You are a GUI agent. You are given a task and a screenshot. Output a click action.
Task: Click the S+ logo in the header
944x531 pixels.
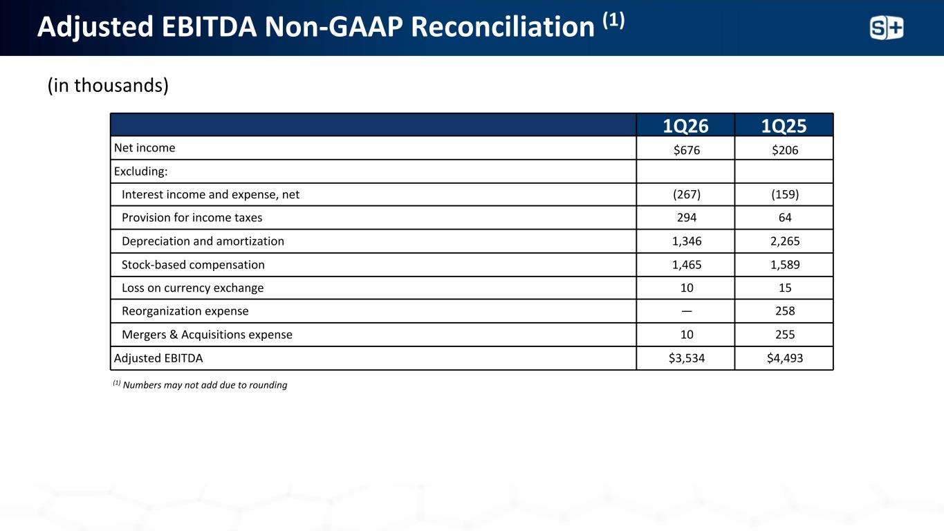click(886, 28)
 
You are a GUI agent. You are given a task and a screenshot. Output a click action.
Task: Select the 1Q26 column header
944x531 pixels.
click(686, 126)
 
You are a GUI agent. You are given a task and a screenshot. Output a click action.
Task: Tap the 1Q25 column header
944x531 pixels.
click(784, 126)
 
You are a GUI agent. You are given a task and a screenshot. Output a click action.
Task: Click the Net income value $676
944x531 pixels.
click(686, 149)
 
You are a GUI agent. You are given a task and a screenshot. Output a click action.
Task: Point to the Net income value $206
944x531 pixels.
click(784, 149)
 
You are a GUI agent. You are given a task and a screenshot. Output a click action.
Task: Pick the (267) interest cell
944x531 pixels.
click(686, 195)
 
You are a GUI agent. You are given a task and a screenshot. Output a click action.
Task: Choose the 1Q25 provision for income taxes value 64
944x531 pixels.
click(784, 218)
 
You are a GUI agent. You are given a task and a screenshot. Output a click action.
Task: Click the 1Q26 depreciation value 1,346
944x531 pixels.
click(686, 241)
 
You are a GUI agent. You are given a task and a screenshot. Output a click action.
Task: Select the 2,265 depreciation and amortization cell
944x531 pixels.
click(784, 241)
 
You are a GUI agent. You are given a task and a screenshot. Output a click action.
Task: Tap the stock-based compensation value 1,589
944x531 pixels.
click(784, 265)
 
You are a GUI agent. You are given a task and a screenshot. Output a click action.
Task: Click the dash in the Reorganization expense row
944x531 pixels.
click(686, 311)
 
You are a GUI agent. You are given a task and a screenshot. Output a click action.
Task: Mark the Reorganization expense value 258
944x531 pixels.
click(784, 311)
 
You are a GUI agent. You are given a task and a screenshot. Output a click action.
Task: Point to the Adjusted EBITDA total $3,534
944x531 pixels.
click(686, 358)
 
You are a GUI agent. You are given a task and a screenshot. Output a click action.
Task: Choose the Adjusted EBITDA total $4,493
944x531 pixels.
click(784, 358)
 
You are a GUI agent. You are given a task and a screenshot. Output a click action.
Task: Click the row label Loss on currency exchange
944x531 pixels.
click(192, 288)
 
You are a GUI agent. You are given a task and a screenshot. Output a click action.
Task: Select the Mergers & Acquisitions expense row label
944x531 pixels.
click(207, 335)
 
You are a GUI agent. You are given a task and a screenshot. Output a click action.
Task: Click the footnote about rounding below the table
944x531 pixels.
click(200, 385)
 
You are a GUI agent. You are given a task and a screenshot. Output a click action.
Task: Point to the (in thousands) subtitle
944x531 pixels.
click(108, 86)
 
